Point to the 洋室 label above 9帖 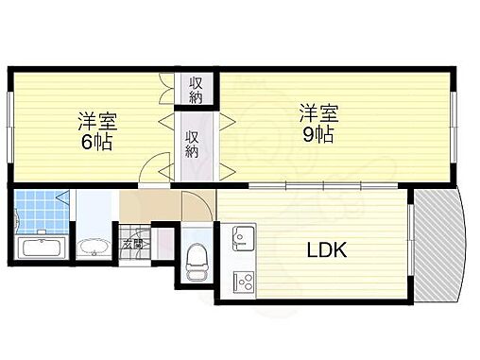click(317, 111)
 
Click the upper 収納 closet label click(196, 89)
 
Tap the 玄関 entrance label click(132, 245)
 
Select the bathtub click(41, 249)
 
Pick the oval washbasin click(94, 249)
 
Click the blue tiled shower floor click(42, 213)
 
